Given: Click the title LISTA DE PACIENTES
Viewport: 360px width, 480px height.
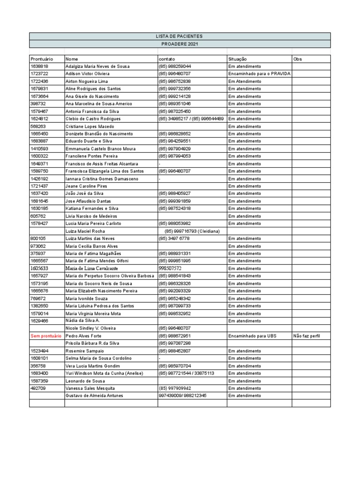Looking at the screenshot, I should [180, 36].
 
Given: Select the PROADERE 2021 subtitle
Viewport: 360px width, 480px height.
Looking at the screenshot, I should [180, 44].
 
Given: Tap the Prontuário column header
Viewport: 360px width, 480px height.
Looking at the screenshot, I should [41, 59].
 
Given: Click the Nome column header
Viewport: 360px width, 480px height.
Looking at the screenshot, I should [72, 59].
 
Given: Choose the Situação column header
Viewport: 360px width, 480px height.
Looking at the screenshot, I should [237, 59].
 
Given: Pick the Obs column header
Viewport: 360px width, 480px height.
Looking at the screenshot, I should [297, 59].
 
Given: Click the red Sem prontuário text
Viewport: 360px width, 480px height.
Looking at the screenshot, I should [46, 336].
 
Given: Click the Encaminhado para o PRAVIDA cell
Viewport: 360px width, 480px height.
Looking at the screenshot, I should [259, 74].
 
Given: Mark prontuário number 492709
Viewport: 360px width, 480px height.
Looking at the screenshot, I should [37, 389].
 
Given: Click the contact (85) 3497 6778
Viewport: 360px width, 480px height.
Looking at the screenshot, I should [174, 239].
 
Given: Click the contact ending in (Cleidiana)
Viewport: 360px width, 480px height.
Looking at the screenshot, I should [192, 231].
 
